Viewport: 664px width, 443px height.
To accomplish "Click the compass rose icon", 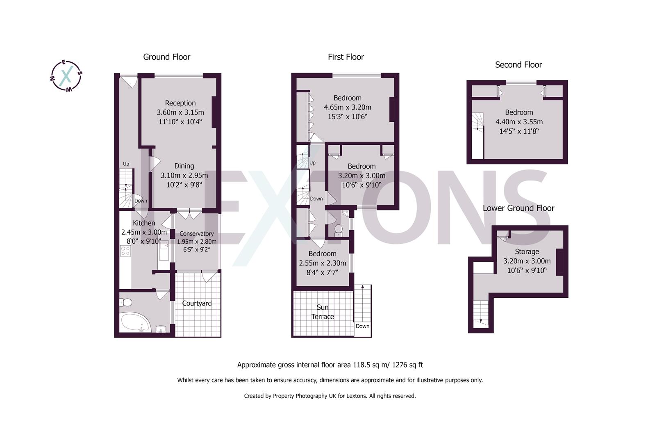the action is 66,76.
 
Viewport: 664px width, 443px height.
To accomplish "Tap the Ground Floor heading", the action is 166,57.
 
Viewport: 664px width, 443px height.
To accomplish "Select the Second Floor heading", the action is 518,65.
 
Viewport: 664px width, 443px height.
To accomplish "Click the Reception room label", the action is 180,103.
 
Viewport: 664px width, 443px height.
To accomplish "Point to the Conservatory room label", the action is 196,234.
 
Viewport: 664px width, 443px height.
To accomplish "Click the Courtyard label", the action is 197,303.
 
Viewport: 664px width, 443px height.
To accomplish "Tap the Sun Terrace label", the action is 323,312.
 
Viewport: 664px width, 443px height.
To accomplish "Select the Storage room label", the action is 527,251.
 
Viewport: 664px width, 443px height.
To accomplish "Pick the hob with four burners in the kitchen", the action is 125,251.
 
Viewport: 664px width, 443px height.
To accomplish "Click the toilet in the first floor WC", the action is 339,230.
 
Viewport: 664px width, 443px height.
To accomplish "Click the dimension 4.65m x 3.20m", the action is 348,107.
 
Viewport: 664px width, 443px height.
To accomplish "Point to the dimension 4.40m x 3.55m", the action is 519,122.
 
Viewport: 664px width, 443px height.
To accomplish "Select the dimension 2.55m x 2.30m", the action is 323,263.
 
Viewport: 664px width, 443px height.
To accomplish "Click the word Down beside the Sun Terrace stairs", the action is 362,326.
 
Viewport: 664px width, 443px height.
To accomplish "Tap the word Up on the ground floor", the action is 126,164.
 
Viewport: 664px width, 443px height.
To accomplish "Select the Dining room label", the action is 184,166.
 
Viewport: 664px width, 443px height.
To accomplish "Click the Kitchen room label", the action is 144,223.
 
